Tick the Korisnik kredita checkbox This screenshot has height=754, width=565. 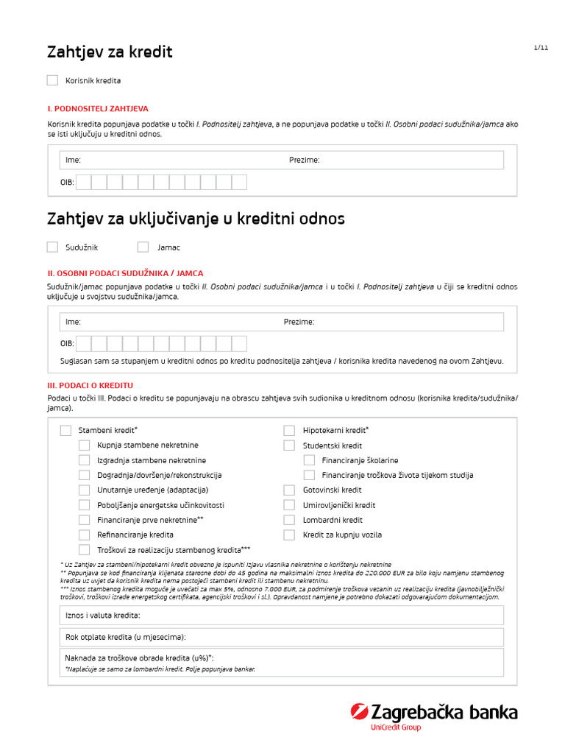click(x=52, y=80)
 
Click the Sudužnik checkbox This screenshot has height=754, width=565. click(x=52, y=247)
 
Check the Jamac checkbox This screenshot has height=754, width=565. click(x=143, y=247)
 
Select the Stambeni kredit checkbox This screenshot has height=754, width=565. click(x=65, y=430)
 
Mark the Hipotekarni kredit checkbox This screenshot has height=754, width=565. click(x=290, y=430)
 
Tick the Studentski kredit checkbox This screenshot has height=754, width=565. click(x=290, y=445)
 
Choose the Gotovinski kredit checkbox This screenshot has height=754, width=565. click(x=290, y=490)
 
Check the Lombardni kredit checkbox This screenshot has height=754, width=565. click(x=290, y=520)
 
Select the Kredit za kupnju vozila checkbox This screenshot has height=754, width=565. click(x=290, y=535)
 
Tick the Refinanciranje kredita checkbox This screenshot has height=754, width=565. click(x=85, y=535)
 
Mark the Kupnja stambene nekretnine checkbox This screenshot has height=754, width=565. click(x=85, y=445)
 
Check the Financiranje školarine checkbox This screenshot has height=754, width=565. click(x=309, y=460)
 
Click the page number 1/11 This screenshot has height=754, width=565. click(x=541, y=48)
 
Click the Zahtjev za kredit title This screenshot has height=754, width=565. click(x=110, y=52)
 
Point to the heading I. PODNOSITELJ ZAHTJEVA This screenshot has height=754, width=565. click(x=98, y=108)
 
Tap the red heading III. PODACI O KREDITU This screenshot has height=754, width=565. click(x=90, y=385)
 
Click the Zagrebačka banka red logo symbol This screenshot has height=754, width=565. click(x=360, y=712)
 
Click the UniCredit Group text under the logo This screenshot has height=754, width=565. click(x=395, y=728)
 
